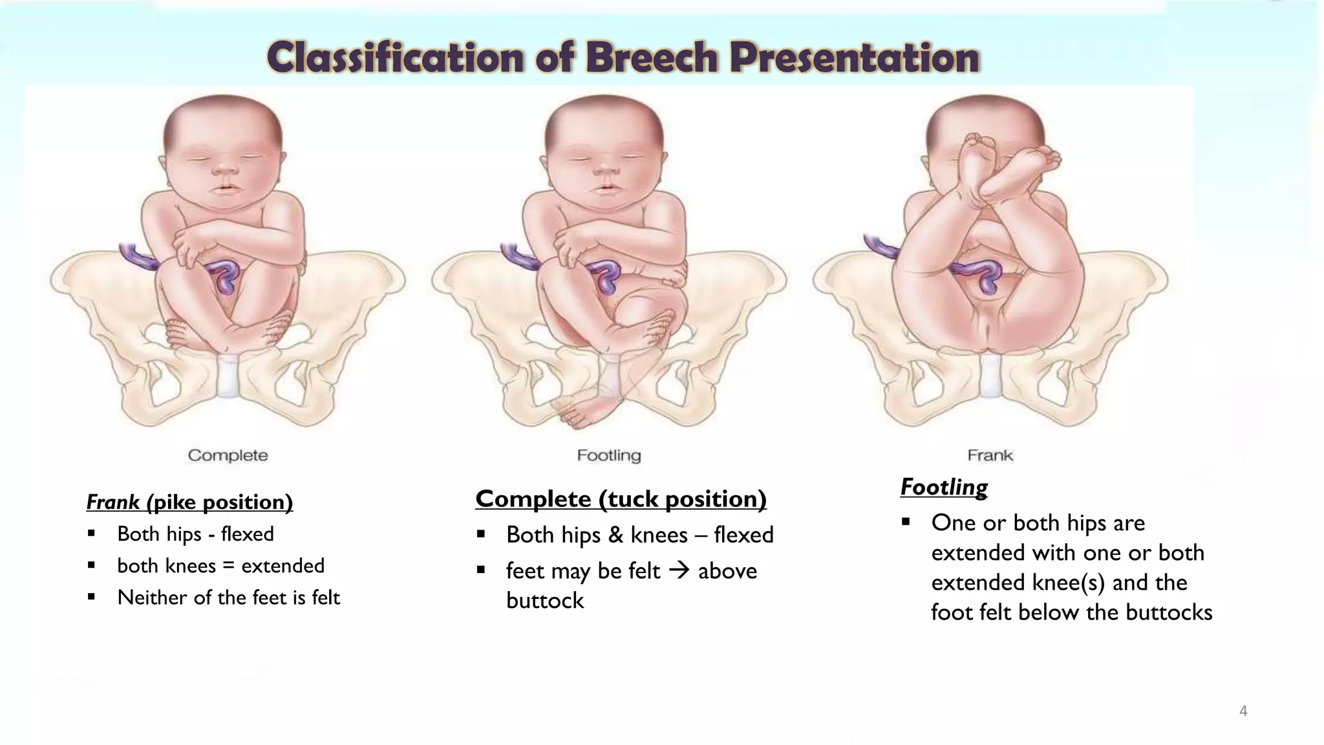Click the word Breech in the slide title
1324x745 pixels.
(651, 58)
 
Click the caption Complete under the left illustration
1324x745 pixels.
(228, 455)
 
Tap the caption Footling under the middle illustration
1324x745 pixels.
(609, 455)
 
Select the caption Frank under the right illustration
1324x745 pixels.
(990, 455)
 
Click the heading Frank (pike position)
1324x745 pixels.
(189, 502)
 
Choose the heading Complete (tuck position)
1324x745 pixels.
(621, 499)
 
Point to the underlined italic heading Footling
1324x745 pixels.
(944, 487)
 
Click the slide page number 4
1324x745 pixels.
(1243, 711)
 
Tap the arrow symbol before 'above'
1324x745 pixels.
(679, 570)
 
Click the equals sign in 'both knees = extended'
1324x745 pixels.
(228, 566)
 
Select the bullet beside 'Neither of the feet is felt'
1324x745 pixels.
(92, 597)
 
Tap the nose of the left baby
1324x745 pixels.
(224, 171)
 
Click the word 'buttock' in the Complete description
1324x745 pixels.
(545, 601)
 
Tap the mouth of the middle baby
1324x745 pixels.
(606, 188)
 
